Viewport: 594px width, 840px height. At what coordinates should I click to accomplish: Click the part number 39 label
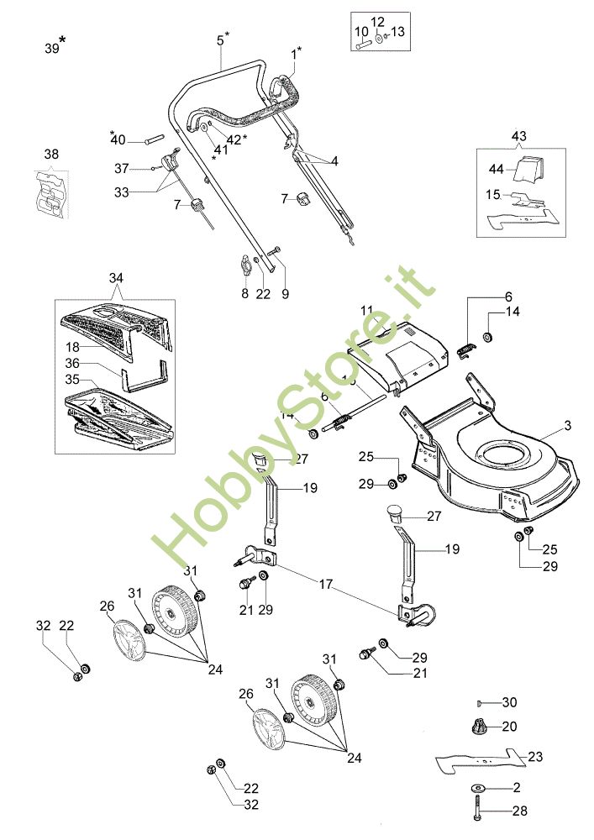52,49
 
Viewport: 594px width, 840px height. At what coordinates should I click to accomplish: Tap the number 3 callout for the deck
567,427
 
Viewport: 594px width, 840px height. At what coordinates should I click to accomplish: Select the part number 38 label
52,155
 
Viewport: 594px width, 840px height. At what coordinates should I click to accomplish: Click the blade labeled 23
479,760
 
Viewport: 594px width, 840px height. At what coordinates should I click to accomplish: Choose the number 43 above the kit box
518,135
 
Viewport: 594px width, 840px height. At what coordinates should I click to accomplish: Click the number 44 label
496,169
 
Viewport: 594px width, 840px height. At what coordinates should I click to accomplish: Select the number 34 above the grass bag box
115,278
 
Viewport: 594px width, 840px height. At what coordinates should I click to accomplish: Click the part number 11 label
366,311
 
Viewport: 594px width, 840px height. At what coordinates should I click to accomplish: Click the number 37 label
122,168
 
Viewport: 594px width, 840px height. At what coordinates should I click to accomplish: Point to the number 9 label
285,294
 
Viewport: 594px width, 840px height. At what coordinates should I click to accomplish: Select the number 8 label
245,294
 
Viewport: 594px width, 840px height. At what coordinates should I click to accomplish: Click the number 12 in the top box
377,21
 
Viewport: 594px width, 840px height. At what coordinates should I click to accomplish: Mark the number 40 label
118,139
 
